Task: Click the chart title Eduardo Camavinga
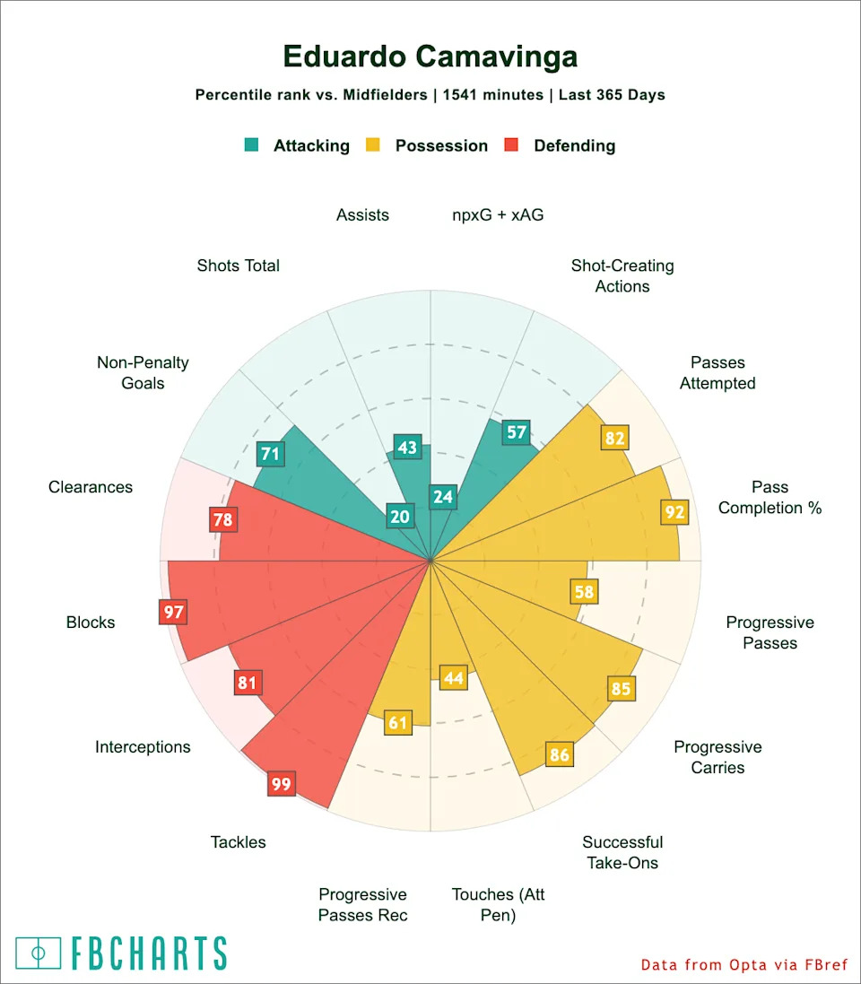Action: (430, 57)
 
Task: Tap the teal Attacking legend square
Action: (252, 144)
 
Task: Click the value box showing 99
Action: (281, 784)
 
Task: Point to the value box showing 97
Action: (173, 613)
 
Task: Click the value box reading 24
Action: (441, 496)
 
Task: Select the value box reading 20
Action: (399, 516)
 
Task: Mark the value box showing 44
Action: (454, 678)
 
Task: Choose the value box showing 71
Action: (270, 454)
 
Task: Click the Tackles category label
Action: (239, 841)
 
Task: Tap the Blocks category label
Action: (91, 622)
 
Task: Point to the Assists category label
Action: (362, 214)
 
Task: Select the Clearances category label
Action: (91, 487)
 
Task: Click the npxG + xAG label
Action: (498, 214)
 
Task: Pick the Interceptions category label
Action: (143, 746)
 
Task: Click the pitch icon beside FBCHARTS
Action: (39, 953)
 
